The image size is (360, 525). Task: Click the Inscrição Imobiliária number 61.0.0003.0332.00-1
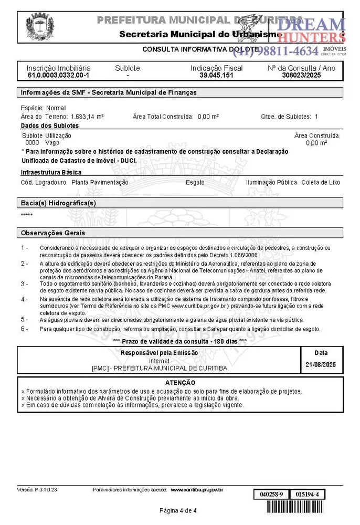tap(58, 75)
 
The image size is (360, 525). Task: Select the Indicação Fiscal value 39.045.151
tap(216, 75)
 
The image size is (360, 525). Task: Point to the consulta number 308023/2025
tap(301, 75)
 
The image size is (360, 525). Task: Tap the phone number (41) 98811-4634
tap(276, 51)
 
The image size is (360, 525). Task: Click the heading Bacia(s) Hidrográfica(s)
tap(58, 203)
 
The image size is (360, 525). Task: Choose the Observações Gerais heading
tap(52, 233)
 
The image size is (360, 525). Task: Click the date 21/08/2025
tap(320, 364)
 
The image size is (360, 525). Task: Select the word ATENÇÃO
tap(180, 383)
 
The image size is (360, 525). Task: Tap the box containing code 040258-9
tap(271, 495)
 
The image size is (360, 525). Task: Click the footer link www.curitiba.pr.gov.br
tap(197, 490)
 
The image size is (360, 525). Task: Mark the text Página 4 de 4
tap(178, 510)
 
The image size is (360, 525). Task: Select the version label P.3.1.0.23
tap(46, 490)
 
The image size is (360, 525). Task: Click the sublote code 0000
tap(32, 142)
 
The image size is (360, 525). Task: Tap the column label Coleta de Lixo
tap(321, 183)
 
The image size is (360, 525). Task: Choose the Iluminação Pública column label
tap(271, 183)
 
